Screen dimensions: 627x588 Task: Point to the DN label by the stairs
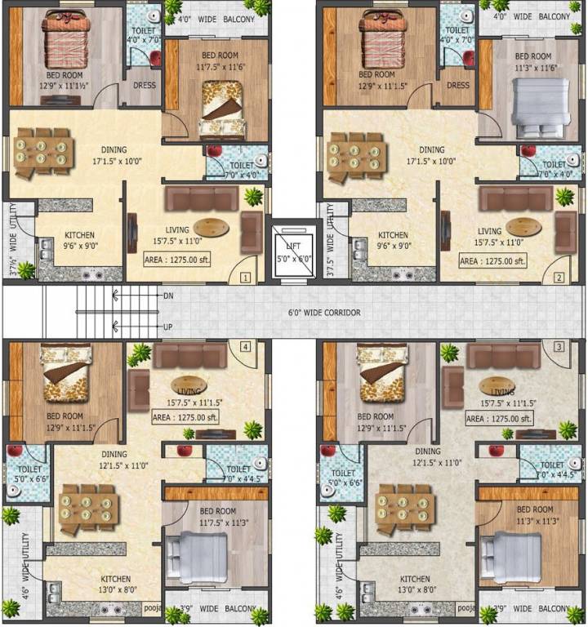pos(169,296)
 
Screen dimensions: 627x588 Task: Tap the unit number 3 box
pos(559,346)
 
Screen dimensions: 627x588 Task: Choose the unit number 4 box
pos(244,346)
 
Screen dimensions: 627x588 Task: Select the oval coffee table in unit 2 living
pos(523,226)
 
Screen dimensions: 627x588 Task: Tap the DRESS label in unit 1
pos(144,85)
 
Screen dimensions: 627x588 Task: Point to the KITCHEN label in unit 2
pos(393,235)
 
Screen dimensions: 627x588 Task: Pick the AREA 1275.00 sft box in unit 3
pos(499,418)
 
